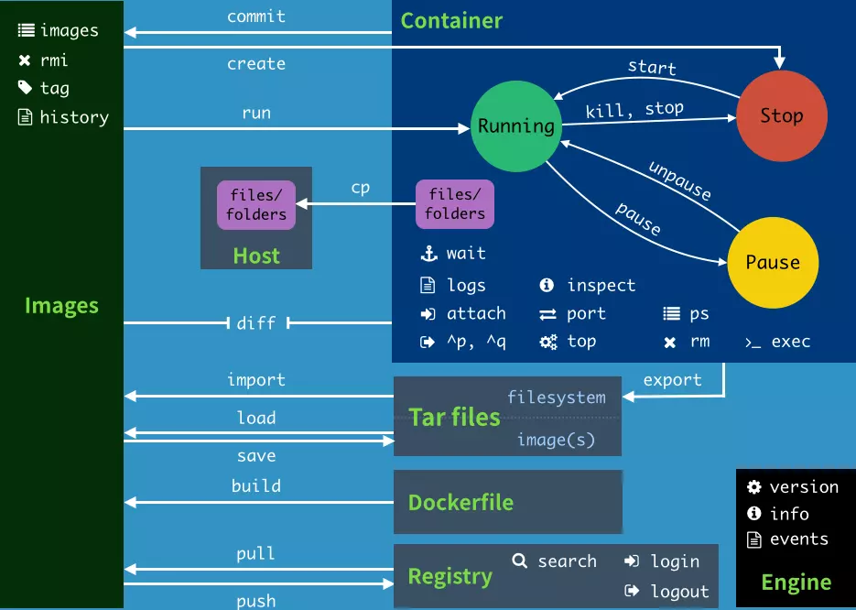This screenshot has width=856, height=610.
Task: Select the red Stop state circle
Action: [x=782, y=116]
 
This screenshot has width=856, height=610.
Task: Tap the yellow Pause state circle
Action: [x=773, y=263]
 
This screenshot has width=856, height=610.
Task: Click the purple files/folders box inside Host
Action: [x=256, y=205]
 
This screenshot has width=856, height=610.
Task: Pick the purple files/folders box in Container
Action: [x=455, y=204]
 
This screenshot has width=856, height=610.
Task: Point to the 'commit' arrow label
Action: [x=256, y=16]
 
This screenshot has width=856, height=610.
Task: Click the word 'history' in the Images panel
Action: [x=74, y=117]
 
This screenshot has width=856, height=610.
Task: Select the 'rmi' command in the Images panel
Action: [x=54, y=60]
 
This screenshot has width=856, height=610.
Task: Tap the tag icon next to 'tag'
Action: [x=25, y=88]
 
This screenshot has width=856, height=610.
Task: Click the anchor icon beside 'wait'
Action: [x=428, y=254]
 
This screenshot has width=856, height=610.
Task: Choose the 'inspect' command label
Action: [x=601, y=286]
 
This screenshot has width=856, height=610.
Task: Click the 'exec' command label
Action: [x=791, y=342]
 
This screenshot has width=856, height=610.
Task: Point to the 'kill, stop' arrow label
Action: [x=634, y=110]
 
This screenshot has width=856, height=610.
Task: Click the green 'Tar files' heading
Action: [x=454, y=418]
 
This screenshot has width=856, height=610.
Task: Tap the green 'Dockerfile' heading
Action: [x=461, y=503]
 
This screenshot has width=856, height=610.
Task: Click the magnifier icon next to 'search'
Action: [x=520, y=561]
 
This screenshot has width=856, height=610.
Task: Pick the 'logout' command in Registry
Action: [x=679, y=592]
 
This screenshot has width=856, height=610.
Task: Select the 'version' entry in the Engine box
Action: [x=804, y=487]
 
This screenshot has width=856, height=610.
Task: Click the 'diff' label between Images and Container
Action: [x=256, y=323]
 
